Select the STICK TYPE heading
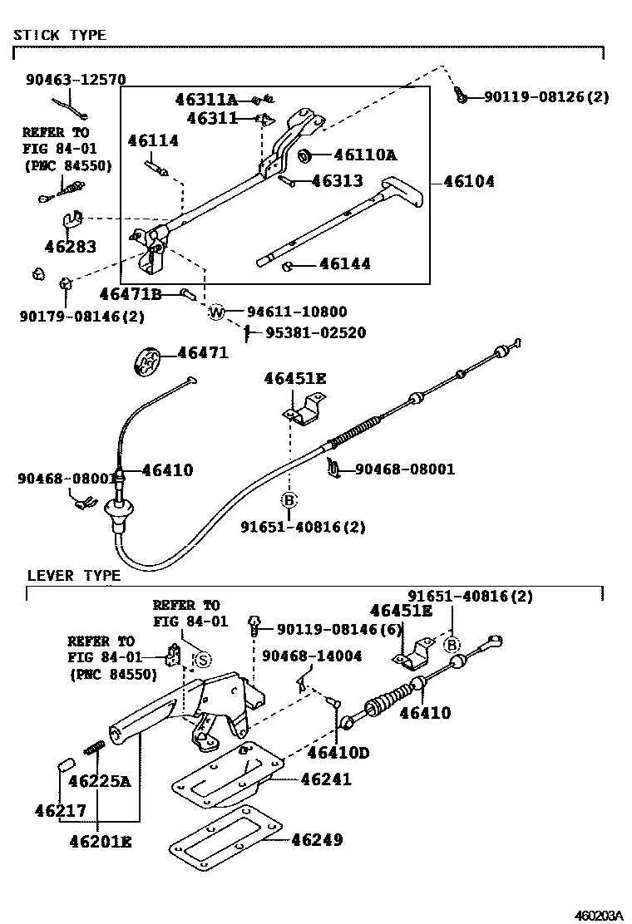pos(60,35)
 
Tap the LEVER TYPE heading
pos(74,575)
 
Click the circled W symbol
pos(216,312)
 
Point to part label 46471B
pos(130,294)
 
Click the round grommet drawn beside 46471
pos(147,362)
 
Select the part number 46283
pos(71,247)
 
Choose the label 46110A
pos(365,155)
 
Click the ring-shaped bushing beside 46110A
pos(304,155)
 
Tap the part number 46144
pos(343,265)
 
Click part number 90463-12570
pos(76,81)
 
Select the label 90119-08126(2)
pos(547,97)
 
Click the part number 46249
pos(317,840)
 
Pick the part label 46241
pos(326,779)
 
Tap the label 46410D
pos(338,753)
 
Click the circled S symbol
pos(203,660)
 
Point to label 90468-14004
pos(312,656)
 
